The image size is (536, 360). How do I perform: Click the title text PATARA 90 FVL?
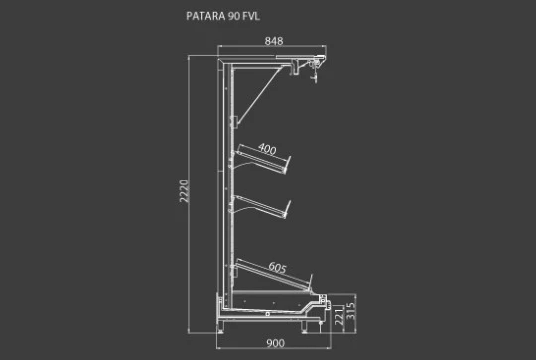tap(223, 16)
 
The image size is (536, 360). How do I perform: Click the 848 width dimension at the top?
tap(274, 41)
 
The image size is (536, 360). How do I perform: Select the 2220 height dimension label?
tap(184, 191)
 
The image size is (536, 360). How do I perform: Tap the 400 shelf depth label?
tap(267, 149)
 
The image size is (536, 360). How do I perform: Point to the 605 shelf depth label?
tap(277, 268)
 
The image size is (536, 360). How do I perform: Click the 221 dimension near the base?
tap(338, 316)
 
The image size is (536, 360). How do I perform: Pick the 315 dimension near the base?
tap(351, 311)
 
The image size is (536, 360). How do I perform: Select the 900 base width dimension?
tap(275, 343)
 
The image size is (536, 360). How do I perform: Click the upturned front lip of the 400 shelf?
tap(288, 165)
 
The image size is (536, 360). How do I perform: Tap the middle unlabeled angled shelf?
tap(261, 206)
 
